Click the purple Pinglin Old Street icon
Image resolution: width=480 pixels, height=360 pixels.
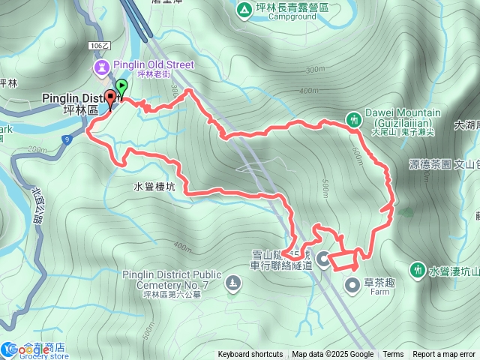[x=100, y=67]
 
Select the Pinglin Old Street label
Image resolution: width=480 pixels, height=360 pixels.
[x=153, y=65]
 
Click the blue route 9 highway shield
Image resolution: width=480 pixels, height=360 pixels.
[x=67, y=139]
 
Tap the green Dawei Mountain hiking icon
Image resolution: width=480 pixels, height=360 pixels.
[x=353, y=118]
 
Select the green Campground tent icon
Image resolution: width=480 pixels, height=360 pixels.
[x=243, y=10]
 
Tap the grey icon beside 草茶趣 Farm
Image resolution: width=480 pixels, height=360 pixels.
[x=353, y=284]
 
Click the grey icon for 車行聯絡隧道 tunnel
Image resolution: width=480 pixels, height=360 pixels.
[x=323, y=259]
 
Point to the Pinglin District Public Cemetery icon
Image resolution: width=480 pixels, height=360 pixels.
[x=232, y=283]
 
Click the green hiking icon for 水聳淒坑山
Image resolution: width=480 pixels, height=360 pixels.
[x=418, y=268]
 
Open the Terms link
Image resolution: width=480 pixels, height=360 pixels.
[x=393, y=355]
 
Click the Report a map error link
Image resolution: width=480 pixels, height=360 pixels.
[x=444, y=355]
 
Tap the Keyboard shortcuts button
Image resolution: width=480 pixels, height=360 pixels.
[x=250, y=355]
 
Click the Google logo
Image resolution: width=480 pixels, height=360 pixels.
[x=23, y=351]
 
